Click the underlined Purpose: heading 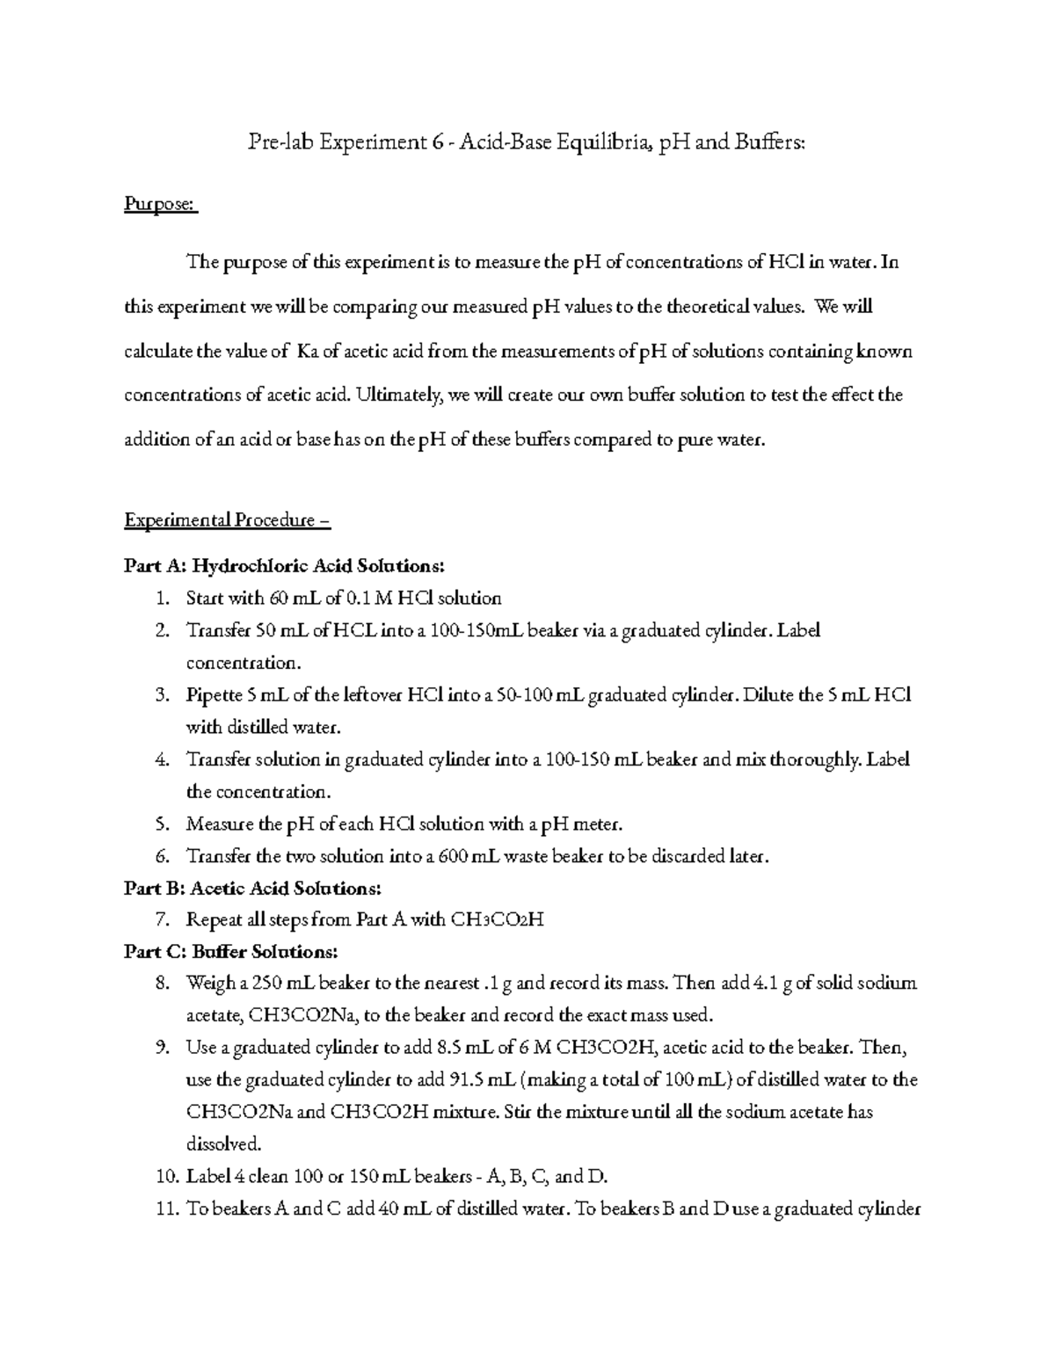159,204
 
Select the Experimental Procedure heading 227,519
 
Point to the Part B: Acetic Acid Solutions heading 252,888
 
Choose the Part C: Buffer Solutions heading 229,952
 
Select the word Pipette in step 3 214,695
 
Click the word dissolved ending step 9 223,1144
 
